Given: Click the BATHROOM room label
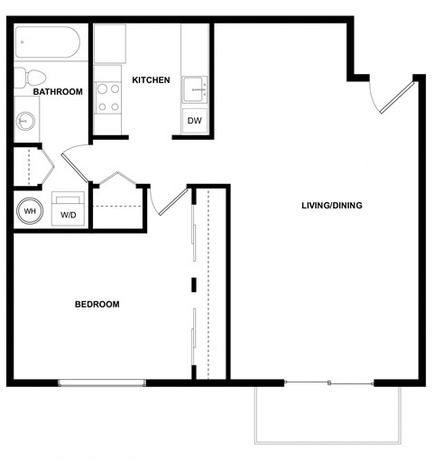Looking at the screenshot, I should click(58, 92).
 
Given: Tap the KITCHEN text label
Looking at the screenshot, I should click(151, 80).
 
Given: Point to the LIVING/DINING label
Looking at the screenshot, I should click(331, 206).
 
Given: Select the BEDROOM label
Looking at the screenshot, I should click(97, 304).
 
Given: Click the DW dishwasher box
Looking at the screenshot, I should click(194, 121).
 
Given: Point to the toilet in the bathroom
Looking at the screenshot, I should click(24, 78).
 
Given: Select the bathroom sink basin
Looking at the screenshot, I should click(25, 120).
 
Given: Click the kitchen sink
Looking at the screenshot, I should click(196, 89).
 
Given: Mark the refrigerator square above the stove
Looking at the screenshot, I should click(109, 43).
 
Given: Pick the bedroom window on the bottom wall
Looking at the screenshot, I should click(102, 383).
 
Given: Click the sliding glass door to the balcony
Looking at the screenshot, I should click(329, 383).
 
